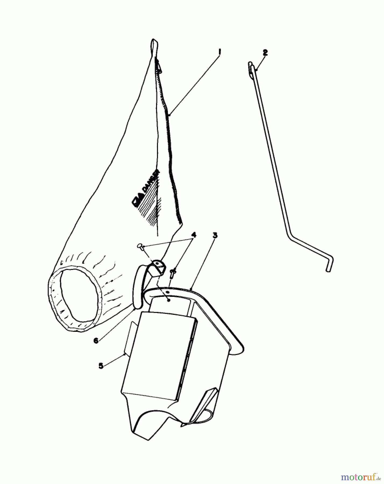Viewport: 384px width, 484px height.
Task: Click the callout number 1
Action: click(x=220, y=51)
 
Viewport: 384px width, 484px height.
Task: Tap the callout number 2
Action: click(x=265, y=53)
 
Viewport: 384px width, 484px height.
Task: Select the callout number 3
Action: click(x=214, y=235)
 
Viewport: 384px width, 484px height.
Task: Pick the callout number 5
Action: click(x=101, y=366)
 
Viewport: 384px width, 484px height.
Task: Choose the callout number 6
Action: click(x=96, y=340)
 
